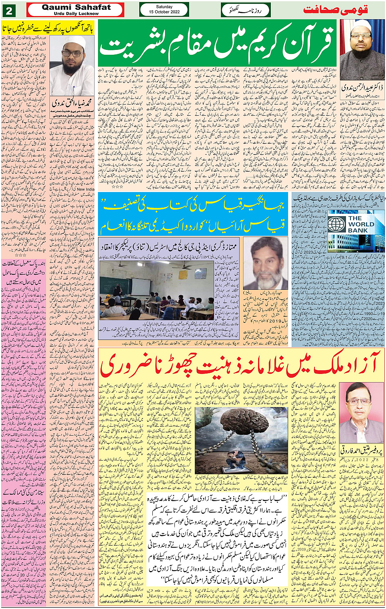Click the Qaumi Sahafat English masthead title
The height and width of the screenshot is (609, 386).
tap(76, 7)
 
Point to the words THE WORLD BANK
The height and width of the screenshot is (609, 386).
tap(361, 224)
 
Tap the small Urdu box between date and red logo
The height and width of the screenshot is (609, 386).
tap(245, 10)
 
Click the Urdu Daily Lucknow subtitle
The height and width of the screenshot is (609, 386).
tap(76, 13)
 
